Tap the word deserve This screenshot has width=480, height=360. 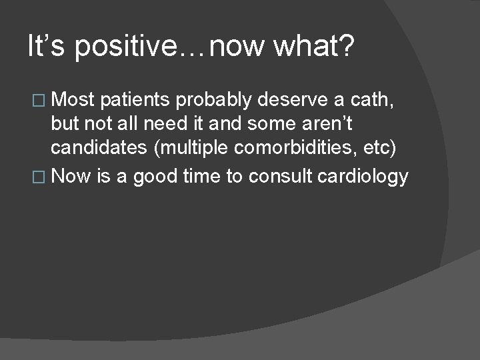(294, 100)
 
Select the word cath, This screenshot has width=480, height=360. (378, 100)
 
